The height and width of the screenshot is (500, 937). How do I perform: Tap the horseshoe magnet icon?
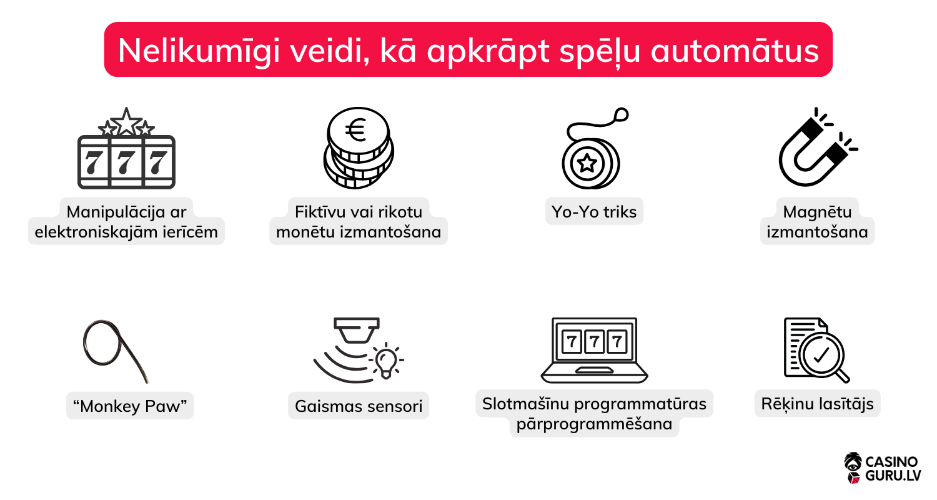[x=815, y=150]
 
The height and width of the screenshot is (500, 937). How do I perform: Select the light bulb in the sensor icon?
[x=386, y=361]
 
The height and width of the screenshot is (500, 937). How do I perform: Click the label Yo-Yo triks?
[x=593, y=212]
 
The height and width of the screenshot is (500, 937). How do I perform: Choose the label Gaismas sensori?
[x=359, y=406]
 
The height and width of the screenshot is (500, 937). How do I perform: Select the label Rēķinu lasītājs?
[x=817, y=404]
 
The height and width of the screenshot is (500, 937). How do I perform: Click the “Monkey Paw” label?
[x=130, y=406]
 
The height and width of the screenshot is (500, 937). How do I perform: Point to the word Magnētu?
[x=816, y=212]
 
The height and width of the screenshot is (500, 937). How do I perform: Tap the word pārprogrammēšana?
[x=594, y=424]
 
